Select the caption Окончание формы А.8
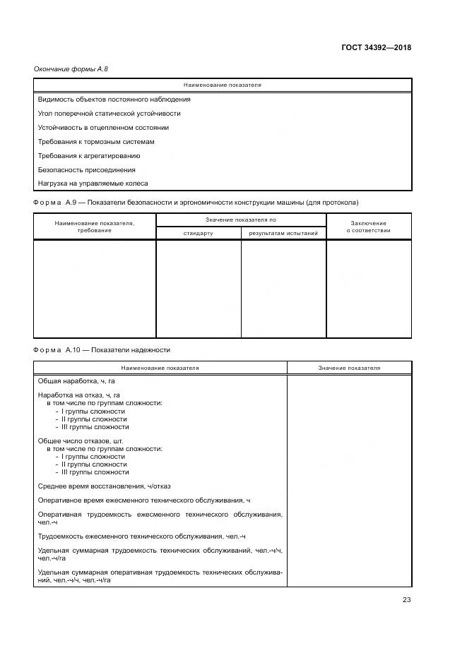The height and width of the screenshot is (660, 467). pyautogui.click(x=71, y=68)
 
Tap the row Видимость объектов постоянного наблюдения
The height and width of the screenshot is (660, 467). pyautogui.click(x=114, y=100)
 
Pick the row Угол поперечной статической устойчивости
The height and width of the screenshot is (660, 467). pyautogui.click(x=109, y=114)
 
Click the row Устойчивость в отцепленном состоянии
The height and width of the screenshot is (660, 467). pyautogui.click(x=103, y=128)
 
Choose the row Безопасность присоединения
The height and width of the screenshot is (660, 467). pyautogui.click(x=86, y=170)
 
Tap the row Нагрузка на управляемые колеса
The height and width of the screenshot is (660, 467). pyautogui.click(x=93, y=184)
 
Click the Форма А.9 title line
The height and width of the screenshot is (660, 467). pyautogui.click(x=196, y=203)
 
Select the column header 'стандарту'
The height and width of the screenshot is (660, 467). pyautogui.click(x=198, y=233)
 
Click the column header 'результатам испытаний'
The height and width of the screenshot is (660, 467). pyautogui.click(x=283, y=233)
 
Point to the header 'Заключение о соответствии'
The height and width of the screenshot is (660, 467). pyautogui.click(x=368, y=227)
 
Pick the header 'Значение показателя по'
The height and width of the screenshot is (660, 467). pyautogui.click(x=240, y=220)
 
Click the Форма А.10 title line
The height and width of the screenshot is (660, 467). pyautogui.click(x=102, y=349)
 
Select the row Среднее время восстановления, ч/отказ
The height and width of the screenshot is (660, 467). pyautogui.click(x=104, y=486)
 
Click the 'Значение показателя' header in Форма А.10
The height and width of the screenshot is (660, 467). pyautogui.click(x=349, y=368)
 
